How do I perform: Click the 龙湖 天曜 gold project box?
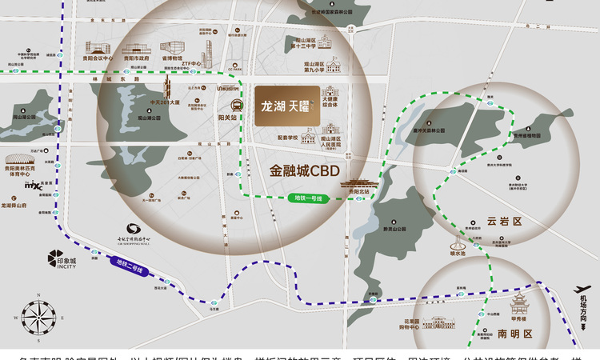pyautogui.click(x=287, y=106)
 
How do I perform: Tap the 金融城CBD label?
pyautogui.click(x=301, y=170)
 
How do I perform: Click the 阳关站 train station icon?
pyautogui.click(x=237, y=105)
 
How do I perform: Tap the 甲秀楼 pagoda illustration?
pyautogui.click(x=526, y=306)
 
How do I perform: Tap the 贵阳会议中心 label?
pyautogui.click(x=94, y=58)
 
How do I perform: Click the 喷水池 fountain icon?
pyautogui.click(x=458, y=243)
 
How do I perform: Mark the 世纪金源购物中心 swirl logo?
pyautogui.click(x=133, y=230)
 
